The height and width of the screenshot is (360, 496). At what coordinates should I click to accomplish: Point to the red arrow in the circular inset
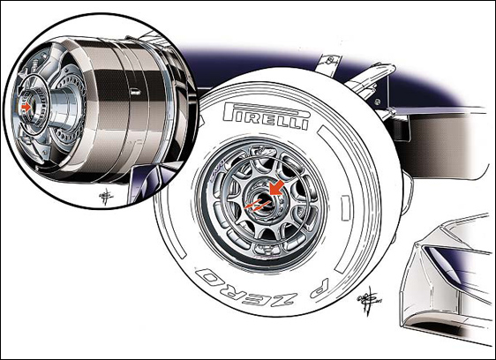click(x=26, y=107)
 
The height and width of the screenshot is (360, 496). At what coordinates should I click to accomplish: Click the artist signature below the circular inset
click(x=106, y=196)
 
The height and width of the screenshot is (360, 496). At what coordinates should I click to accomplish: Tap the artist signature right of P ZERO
click(x=367, y=300)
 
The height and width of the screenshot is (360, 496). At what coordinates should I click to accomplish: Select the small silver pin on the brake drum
click(x=136, y=93)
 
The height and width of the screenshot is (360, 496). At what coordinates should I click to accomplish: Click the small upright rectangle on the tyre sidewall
click(x=345, y=207)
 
